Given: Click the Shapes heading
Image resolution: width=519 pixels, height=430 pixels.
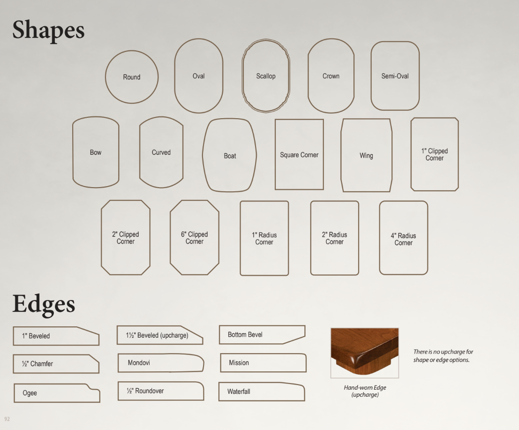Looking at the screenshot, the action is click(48, 30).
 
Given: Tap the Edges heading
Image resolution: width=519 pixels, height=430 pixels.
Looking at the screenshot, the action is click(44, 304).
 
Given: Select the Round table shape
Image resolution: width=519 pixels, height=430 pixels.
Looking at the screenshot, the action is click(105, 77).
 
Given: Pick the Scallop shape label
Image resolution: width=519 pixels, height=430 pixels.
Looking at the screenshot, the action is click(266, 76).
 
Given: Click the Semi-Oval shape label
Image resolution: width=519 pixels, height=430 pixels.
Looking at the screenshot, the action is click(395, 76).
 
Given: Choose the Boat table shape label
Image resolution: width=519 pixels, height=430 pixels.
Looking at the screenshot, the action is click(230, 156).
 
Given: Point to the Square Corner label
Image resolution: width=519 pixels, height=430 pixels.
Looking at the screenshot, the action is click(299, 155).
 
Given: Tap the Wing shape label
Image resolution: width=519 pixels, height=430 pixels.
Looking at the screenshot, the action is click(367, 156).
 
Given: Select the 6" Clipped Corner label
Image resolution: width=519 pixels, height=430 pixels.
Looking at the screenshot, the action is click(194, 238).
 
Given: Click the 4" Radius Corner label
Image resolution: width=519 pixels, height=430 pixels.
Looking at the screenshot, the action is click(403, 239).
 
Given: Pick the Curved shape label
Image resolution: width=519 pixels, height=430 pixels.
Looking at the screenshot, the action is click(161, 152).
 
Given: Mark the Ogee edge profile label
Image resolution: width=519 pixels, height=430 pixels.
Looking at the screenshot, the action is click(30, 393).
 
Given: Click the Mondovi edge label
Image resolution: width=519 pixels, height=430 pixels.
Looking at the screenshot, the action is click(139, 362).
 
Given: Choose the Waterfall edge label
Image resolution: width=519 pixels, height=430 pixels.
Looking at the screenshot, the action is click(239, 391).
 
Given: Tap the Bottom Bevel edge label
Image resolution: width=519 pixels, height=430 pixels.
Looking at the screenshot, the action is click(245, 334).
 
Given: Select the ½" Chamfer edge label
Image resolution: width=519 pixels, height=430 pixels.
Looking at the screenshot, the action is click(37, 363).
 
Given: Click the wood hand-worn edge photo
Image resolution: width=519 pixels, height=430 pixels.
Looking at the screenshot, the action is click(365, 353).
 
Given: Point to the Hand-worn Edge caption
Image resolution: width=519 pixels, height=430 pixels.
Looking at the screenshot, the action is click(365, 391).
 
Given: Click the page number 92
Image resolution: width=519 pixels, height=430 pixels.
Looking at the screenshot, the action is click(7, 419).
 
